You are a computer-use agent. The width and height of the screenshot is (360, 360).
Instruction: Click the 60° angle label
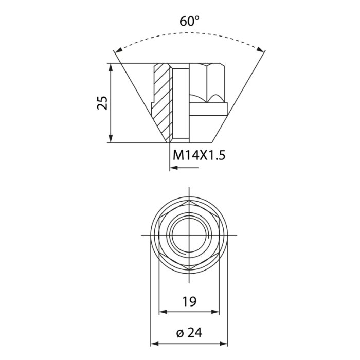(189, 22)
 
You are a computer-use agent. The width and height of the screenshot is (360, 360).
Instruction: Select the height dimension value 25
(102, 102)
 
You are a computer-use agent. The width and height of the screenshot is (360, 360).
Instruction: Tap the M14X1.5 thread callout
(200, 155)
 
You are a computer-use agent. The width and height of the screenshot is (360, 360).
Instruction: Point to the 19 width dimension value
(189, 301)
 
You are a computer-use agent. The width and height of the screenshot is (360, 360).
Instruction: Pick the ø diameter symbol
(180, 333)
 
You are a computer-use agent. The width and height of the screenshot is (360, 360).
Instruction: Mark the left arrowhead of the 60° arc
(118, 50)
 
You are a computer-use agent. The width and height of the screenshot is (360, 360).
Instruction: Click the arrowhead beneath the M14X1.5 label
(173, 167)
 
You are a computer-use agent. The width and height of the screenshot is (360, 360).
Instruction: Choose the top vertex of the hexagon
(189, 201)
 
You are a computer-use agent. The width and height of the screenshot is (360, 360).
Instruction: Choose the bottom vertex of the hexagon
(189, 269)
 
